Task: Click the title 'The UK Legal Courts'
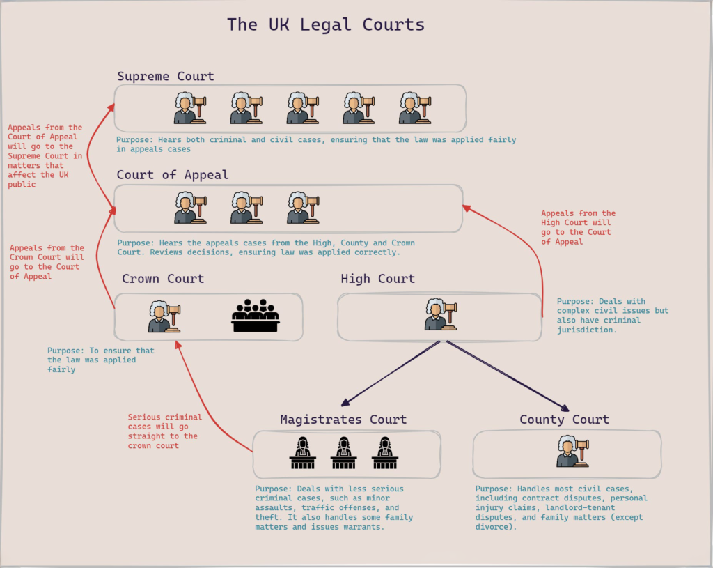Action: (325, 25)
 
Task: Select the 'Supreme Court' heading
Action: (165, 76)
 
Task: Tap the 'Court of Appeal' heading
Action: (172, 175)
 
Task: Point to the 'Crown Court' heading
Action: (163, 279)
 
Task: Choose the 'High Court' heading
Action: (377, 279)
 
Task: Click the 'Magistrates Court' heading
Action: (343, 420)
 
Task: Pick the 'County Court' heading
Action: (564, 420)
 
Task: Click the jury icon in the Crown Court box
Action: (255, 316)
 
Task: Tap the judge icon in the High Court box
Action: (440, 314)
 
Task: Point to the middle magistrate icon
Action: (343, 453)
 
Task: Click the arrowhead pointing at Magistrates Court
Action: (345, 404)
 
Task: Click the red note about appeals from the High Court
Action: (578, 227)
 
